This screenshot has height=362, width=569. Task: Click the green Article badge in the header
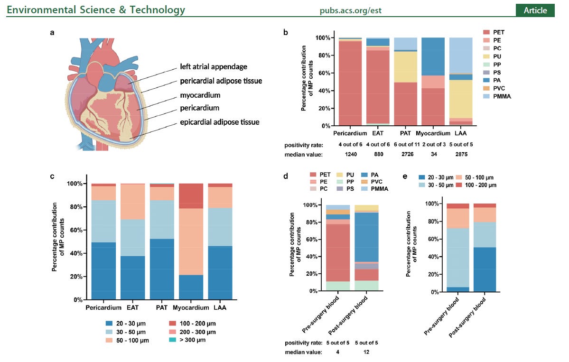click(x=535, y=10)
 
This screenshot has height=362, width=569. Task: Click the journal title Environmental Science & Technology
click(x=96, y=10)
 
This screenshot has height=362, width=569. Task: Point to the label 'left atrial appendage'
click(x=214, y=67)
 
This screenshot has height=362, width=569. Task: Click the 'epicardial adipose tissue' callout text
click(x=220, y=122)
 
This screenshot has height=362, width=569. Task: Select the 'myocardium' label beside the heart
click(x=200, y=95)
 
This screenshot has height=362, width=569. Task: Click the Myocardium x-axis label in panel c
click(x=191, y=308)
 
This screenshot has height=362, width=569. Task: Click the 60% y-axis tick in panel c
click(x=76, y=230)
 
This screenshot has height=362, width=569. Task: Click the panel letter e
click(x=404, y=176)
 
